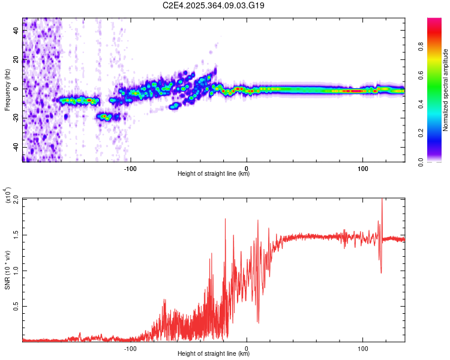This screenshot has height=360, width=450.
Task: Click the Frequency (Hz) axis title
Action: click(7, 90)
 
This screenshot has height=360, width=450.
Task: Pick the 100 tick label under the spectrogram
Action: click(362, 167)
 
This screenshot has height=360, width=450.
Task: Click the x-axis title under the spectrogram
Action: click(214, 174)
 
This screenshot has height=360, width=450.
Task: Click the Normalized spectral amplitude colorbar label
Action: click(445, 90)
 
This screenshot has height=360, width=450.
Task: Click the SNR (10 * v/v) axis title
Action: click(7, 270)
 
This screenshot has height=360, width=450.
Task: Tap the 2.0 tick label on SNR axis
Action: click(14, 199)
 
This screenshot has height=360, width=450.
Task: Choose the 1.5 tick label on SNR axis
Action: click(14, 235)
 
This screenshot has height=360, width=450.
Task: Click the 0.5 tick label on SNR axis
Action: click(14, 306)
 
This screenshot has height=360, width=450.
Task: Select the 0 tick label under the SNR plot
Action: click(247, 347)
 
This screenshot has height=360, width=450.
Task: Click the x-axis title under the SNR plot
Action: click(214, 354)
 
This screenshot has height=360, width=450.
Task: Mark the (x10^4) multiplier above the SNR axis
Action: click(7, 196)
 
